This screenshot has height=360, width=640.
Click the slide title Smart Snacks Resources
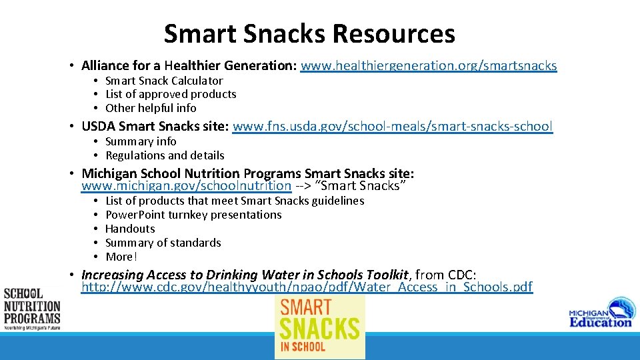pyautogui.click(x=309, y=33)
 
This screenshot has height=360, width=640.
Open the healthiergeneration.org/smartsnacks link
pyautogui.click(x=428, y=65)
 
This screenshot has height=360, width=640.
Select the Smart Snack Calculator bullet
pyautogui.click(x=164, y=81)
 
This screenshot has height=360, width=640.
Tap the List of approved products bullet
pyautogui.click(x=171, y=94)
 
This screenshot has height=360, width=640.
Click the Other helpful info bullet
pyautogui.click(x=151, y=108)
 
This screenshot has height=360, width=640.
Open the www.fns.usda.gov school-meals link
pyautogui.click(x=392, y=126)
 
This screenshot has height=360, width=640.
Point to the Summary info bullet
pyautogui.click(x=141, y=141)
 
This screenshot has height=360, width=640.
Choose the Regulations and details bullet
pyautogui.click(x=165, y=155)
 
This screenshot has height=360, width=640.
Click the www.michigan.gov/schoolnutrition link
pyautogui.click(x=186, y=186)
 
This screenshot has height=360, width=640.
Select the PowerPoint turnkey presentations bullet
pyautogui.click(x=193, y=215)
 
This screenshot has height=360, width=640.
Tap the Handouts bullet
pyautogui.click(x=130, y=229)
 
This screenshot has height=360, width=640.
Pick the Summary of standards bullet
pyautogui.click(x=163, y=243)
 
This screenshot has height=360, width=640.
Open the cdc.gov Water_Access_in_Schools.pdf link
pyautogui.click(x=307, y=287)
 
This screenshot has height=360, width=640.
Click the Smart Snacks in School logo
pyautogui.click(x=320, y=327)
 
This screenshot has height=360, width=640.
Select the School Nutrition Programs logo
pyautogui.click(x=32, y=309)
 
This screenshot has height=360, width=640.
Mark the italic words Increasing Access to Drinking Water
pyautogui.click(x=193, y=275)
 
